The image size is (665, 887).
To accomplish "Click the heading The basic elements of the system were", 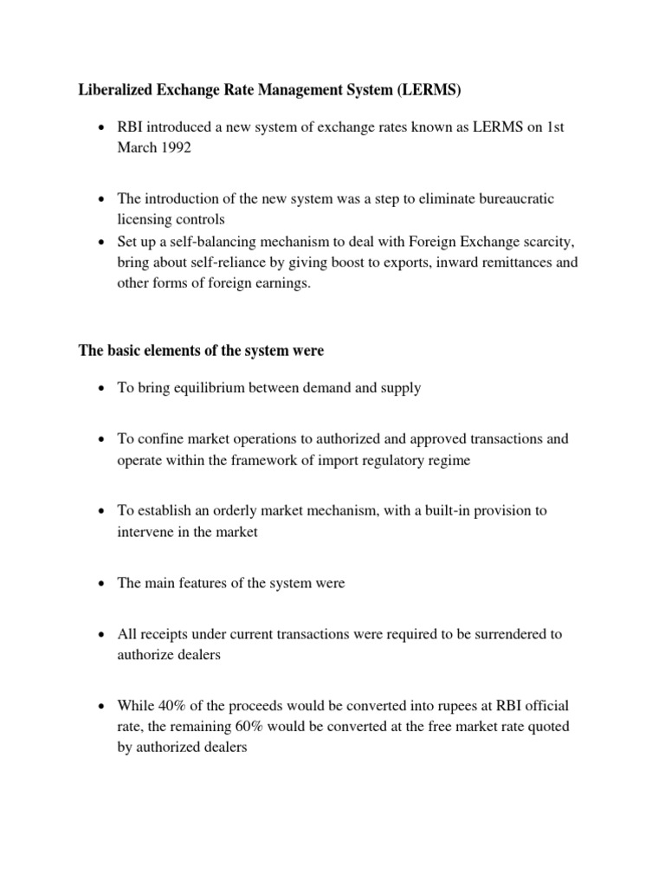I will tap(201, 351).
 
